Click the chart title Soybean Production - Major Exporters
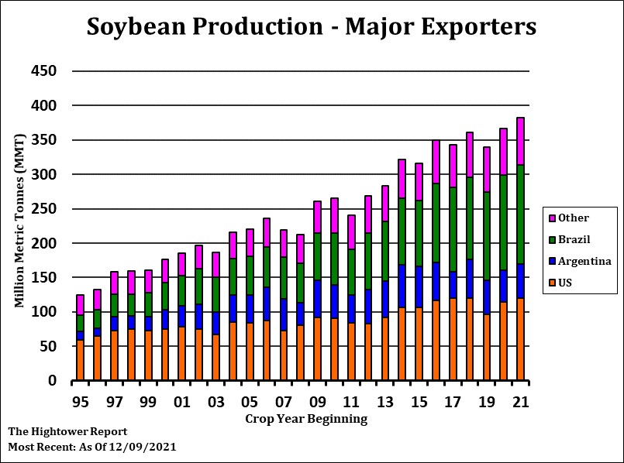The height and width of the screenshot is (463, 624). click(312, 26)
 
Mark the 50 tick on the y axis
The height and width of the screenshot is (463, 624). click(52, 346)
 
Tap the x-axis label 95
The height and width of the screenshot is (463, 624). click(80, 403)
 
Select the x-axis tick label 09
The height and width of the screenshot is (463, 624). click(317, 403)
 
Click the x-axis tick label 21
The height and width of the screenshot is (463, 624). click(520, 403)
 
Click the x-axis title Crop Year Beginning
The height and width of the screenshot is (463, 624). click(306, 419)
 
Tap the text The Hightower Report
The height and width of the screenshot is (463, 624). click(67, 431)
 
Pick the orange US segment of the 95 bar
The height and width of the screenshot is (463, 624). click(79, 360)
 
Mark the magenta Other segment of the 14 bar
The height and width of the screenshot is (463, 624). click(402, 179)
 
